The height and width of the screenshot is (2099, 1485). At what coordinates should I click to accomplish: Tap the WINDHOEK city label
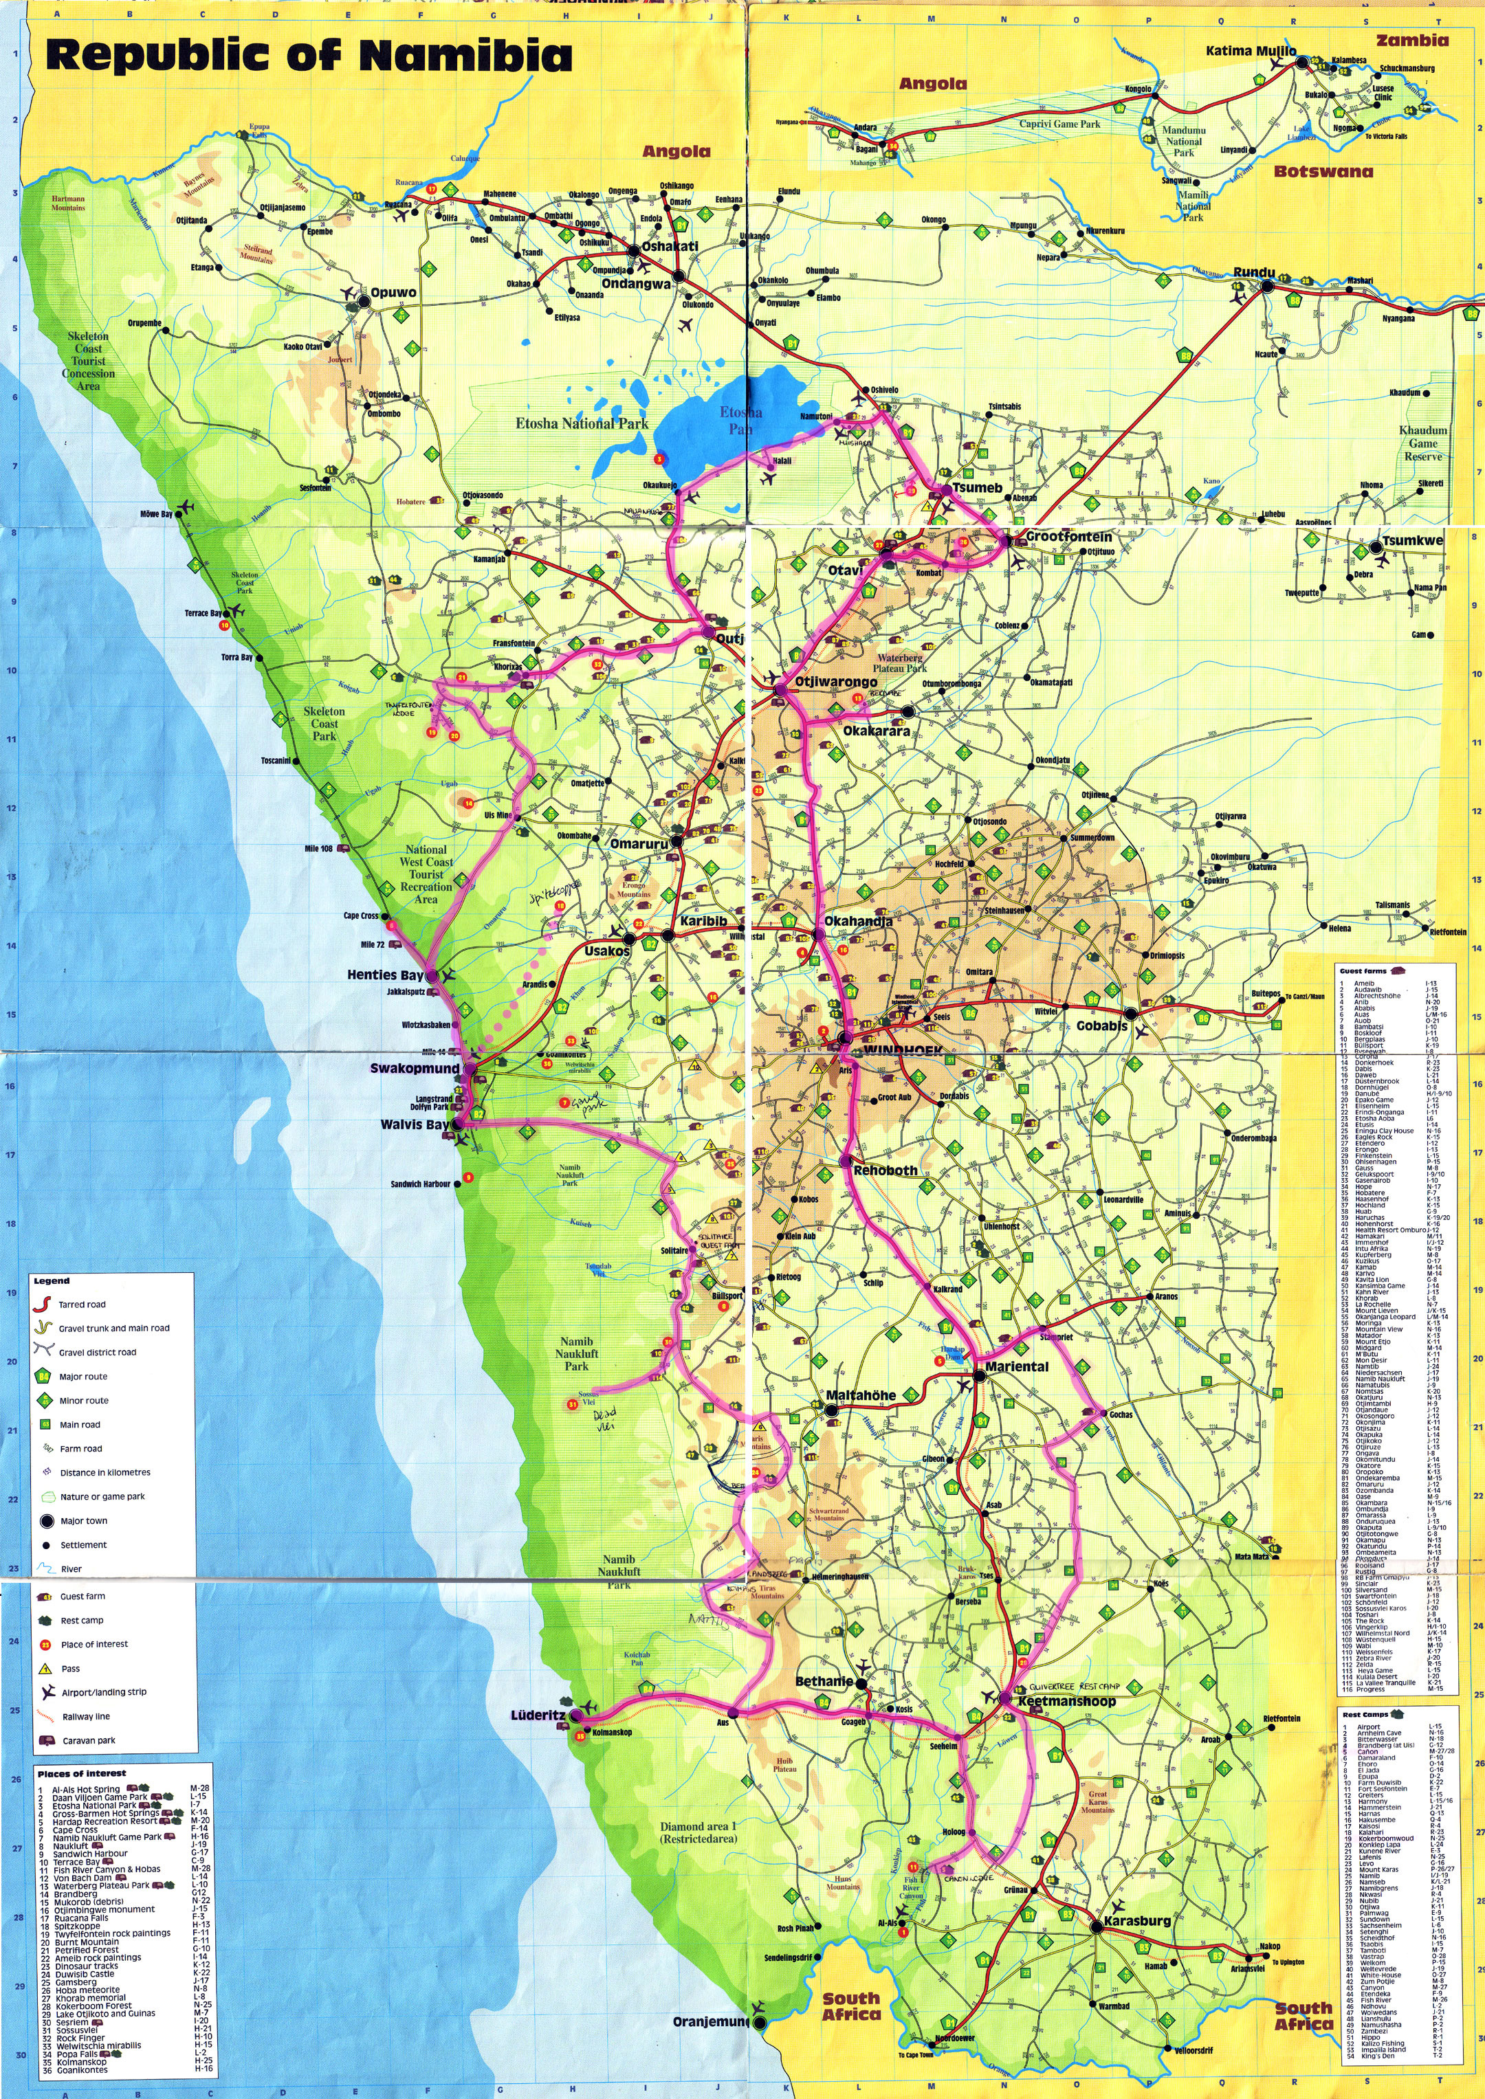pos(895,1050)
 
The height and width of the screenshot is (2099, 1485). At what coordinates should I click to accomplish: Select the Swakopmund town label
pos(415,1068)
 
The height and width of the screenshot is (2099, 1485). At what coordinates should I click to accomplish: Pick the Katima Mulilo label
pos(1250,50)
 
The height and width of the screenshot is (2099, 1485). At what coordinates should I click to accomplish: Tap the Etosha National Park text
pos(582,423)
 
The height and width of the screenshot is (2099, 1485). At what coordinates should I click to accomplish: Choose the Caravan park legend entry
pos(88,1741)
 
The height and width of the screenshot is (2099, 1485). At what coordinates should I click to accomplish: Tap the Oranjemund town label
pos(710,2021)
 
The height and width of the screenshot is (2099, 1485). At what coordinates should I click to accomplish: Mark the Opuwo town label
pos(393,293)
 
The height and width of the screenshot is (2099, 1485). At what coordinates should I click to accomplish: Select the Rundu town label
pos(1253,272)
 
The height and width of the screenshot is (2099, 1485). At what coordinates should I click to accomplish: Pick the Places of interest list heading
pos(81,1773)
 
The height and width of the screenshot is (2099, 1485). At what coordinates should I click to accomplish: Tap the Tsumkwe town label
pos(1412,541)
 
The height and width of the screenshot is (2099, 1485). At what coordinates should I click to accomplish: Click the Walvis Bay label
pos(415,1124)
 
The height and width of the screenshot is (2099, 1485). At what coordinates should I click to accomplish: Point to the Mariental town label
pos(1016,1367)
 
